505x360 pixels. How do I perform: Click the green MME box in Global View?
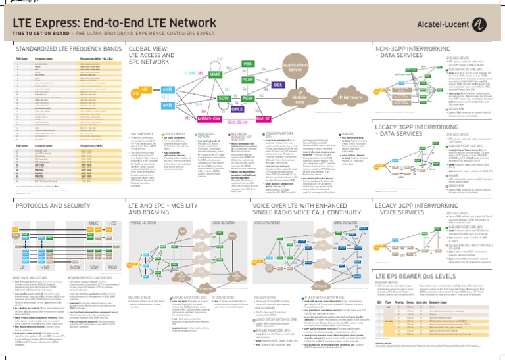(x=215, y=76)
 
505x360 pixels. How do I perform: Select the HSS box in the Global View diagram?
(x=248, y=64)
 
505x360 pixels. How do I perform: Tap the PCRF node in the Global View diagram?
(x=248, y=79)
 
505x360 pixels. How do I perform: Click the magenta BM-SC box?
(x=263, y=119)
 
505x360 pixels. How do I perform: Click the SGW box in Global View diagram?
(x=223, y=99)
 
